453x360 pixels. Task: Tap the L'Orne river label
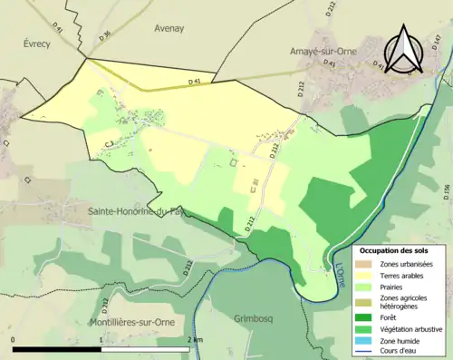point(340,267)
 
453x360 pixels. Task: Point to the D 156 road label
point(446,192)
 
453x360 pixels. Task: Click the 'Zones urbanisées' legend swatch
point(366,264)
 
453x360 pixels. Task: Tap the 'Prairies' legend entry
point(394,289)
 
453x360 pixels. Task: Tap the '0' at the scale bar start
point(14,338)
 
